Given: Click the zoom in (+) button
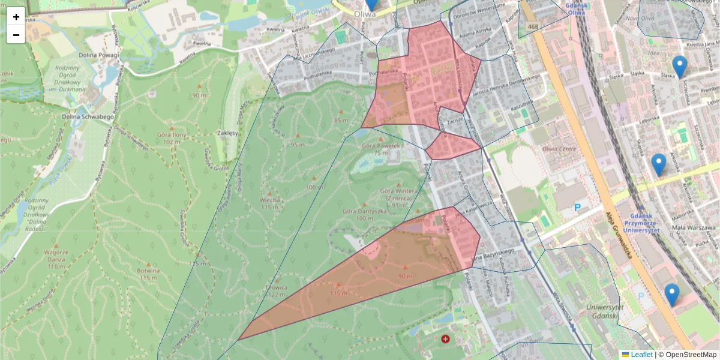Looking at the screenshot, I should click(16, 17).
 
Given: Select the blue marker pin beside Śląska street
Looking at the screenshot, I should click(679, 67).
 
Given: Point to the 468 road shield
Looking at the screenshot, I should click(533, 27).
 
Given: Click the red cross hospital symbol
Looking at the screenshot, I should click(445, 339).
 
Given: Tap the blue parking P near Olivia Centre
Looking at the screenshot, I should click(578, 208).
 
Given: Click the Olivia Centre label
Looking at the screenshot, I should click(559, 149).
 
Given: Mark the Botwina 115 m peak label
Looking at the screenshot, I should click(149, 274).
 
